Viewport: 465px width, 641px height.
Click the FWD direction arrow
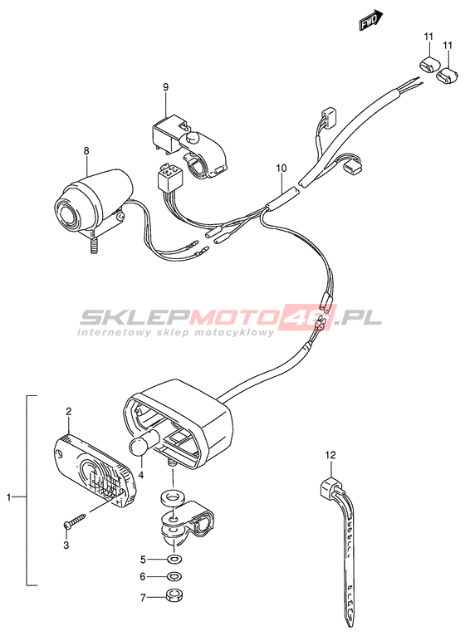(371, 21)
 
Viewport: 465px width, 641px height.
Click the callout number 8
(86, 151)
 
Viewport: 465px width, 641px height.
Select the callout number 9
(165, 86)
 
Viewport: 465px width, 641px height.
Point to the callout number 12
(330, 454)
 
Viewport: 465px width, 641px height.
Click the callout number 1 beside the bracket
(8, 497)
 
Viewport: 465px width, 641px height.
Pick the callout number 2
(69, 411)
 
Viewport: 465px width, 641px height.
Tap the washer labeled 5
(176, 559)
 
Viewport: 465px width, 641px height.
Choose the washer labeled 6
(176, 577)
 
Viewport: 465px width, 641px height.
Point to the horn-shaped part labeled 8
(95, 201)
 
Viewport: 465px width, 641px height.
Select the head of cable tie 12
(330, 486)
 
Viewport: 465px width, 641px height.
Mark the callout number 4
(140, 475)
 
